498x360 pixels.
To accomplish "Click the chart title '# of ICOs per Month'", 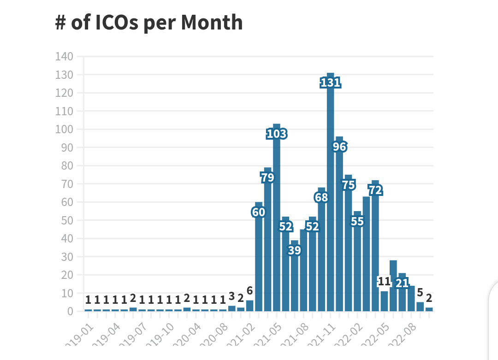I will pos(149,23).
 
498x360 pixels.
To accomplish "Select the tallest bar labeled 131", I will pos(330,194).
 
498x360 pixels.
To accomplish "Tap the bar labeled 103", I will pos(277,221).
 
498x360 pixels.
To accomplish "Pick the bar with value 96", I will pos(339,226).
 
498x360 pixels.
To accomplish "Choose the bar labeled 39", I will pos(295,277).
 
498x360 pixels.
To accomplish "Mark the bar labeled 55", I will pos(357,263).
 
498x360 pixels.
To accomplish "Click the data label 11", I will pos(384,282).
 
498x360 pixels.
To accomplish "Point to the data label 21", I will pos(402,283).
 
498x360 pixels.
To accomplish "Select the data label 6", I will pos(249,291).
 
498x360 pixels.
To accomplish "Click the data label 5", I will pos(420,293).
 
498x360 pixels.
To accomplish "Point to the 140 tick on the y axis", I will pos(64,56).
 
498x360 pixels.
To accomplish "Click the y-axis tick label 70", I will pos(66,184).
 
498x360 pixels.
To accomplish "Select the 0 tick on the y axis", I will pos(70,311).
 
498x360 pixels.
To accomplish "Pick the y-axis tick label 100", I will pos(64,129).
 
